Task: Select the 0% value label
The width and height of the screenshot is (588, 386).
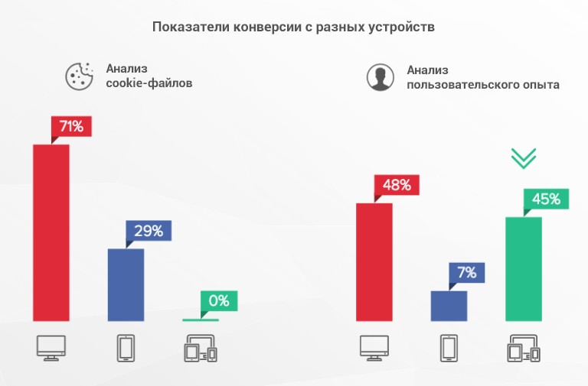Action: (220, 300)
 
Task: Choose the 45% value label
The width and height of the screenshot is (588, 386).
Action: (544, 199)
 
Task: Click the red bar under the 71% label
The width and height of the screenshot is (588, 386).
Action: (51, 232)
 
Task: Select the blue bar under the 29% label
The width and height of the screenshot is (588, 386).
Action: (126, 284)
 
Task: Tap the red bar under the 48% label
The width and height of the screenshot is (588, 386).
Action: (374, 261)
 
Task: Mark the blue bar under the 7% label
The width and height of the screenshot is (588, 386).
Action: (449, 306)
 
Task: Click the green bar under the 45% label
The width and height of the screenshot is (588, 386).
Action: (524, 268)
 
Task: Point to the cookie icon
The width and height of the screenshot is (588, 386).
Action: (77, 75)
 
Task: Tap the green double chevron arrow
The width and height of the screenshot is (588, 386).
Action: (524, 157)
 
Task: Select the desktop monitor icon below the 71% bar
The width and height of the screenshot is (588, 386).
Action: (51, 348)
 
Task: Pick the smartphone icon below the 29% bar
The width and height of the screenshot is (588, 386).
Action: (126, 349)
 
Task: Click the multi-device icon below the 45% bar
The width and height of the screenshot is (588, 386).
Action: (524, 349)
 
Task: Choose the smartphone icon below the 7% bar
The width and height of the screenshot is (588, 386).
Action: (449, 349)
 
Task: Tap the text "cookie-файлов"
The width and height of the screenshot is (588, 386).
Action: (149, 83)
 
